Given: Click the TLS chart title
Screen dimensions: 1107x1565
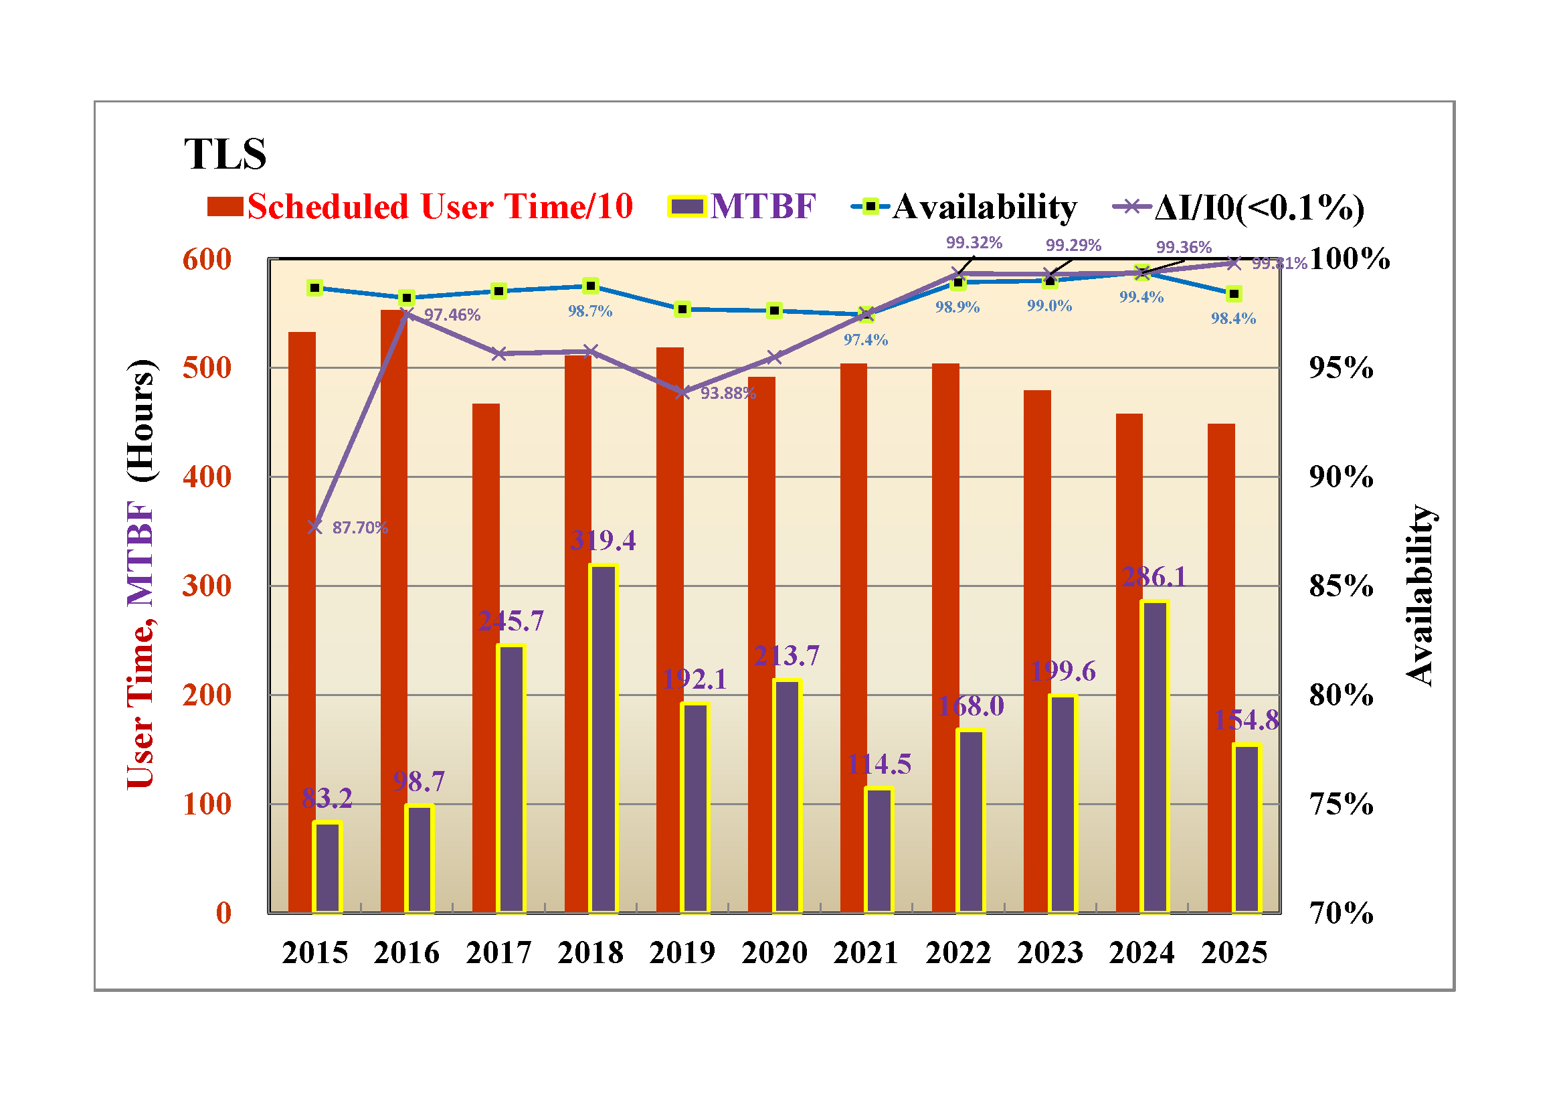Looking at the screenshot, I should (225, 154).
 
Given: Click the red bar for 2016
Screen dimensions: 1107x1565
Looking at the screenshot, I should (393, 614).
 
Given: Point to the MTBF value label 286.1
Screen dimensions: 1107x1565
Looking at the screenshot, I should (1154, 577).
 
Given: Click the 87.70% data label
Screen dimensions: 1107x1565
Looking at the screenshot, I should (360, 527).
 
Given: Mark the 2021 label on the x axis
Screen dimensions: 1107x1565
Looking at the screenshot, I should (866, 953).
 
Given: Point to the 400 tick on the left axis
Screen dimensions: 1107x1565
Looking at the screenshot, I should (207, 477).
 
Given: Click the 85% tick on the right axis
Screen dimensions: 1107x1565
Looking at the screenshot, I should (1341, 586).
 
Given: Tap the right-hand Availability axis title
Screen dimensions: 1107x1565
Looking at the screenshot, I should (1420, 594).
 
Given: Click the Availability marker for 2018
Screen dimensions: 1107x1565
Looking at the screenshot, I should (591, 286).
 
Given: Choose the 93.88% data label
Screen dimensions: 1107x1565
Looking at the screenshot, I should (728, 394).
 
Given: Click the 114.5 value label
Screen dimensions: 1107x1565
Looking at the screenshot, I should (879, 764).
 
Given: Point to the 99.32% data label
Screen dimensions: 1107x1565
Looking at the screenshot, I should (974, 243).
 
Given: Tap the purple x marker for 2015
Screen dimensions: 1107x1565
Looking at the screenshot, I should (315, 527).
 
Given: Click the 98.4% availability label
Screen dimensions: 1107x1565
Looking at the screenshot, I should (1233, 319).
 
